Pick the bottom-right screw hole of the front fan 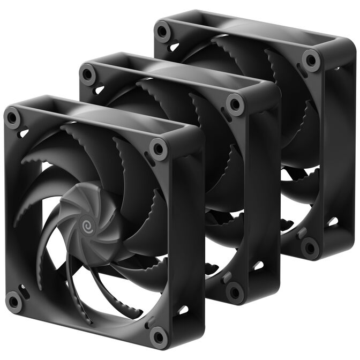pos(159,337)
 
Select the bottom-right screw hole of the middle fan pos(234,292)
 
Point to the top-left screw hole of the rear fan pos(162,31)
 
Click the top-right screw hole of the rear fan pos(310,59)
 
